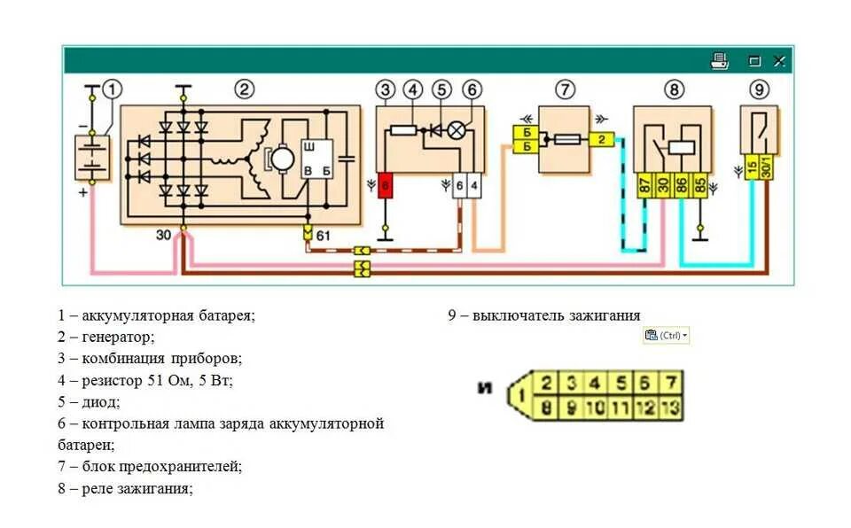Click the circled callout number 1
(112, 89)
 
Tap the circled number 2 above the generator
(244, 89)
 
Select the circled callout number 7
(566, 89)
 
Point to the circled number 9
(760, 89)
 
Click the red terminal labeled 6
(385, 185)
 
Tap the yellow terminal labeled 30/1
(768, 167)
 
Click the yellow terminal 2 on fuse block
(600, 139)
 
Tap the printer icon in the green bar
(719, 61)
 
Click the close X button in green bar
(779, 61)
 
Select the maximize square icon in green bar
(754, 61)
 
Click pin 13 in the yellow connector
(671, 408)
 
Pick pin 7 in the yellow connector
(672, 384)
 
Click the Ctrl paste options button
(666, 336)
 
